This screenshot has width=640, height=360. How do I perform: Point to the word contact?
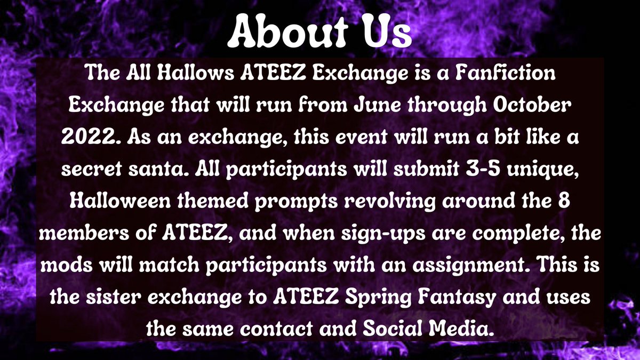[267, 324]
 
